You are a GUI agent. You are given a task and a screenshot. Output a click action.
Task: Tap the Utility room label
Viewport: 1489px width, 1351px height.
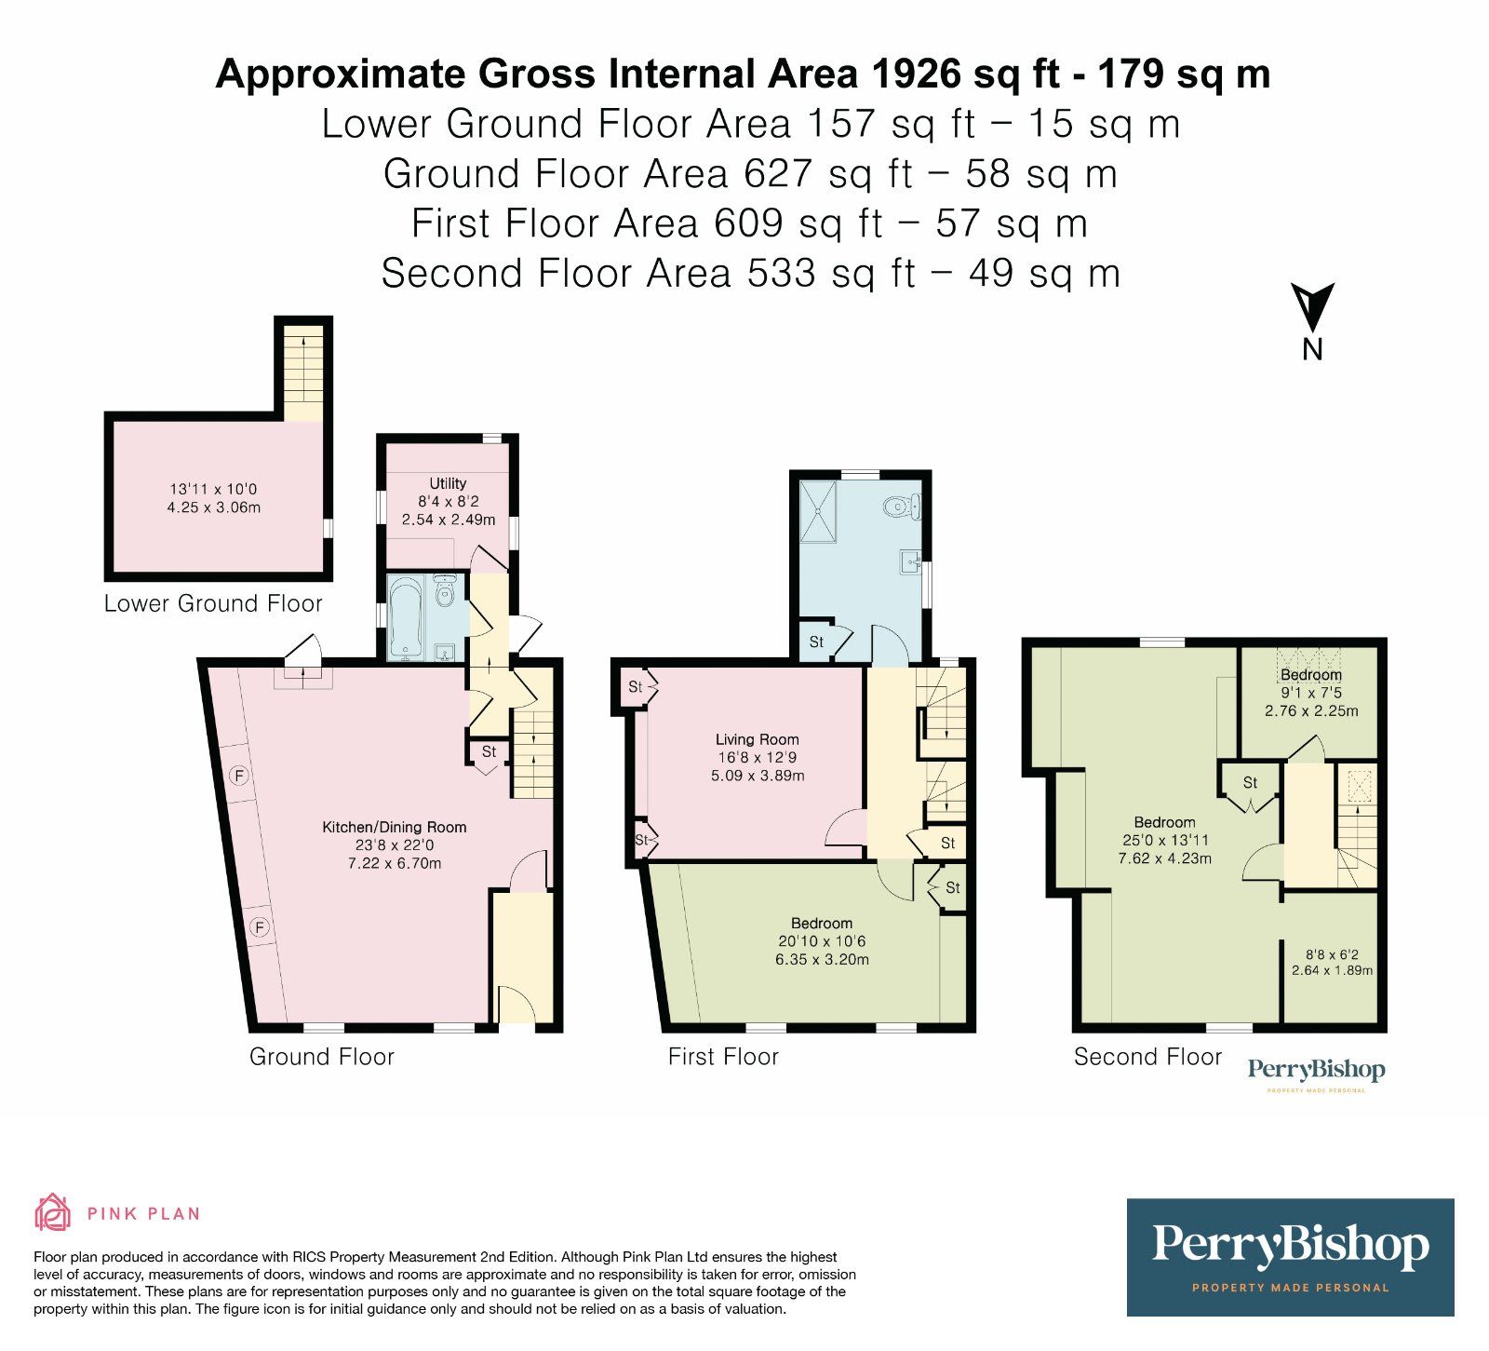[x=448, y=483]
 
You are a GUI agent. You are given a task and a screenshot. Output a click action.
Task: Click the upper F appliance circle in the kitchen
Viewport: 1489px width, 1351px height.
[x=239, y=775]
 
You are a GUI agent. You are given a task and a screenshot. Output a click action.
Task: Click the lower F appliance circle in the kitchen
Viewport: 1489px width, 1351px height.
[x=260, y=927]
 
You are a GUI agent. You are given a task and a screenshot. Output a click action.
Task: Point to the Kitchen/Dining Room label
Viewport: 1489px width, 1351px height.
[x=394, y=827]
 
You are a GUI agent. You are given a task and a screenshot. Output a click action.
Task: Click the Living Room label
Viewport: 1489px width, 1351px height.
[x=757, y=739]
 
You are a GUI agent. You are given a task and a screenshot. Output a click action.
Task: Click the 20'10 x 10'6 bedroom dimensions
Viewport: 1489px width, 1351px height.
[x=822, y=941]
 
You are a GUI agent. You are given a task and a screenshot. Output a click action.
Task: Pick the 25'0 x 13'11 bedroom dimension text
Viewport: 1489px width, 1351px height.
[x=1164, y=840]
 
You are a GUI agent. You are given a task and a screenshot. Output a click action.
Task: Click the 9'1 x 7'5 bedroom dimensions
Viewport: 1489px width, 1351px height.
[x=1310, y=693]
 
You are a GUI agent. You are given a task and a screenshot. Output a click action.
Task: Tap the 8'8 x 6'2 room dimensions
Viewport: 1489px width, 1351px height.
[x=1332, y=954]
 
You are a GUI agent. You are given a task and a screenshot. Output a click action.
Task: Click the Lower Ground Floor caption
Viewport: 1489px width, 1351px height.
[x=213, y=603]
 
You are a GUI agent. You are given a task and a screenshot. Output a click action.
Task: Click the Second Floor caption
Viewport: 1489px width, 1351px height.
[x=1147, y=1057]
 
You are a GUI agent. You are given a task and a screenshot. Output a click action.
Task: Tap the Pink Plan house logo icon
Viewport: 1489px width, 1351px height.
[x=53, y=1212]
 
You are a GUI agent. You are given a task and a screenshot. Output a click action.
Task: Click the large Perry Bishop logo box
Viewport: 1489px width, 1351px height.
[x=1290, y=1257]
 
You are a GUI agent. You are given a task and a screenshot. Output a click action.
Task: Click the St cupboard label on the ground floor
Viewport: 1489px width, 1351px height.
[x=489, y=751]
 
